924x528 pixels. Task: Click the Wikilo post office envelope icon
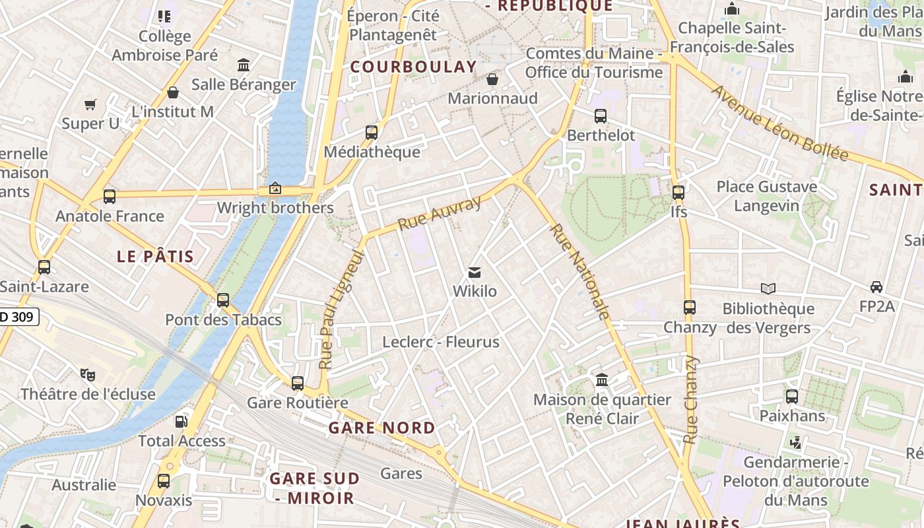474,272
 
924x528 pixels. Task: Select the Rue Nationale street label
579,271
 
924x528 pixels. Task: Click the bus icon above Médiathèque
372,132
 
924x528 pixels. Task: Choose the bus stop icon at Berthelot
601,115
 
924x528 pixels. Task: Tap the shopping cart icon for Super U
90,104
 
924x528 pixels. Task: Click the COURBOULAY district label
413,67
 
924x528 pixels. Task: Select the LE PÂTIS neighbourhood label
155,257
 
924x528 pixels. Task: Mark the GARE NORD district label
382,428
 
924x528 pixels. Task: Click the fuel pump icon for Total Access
181,421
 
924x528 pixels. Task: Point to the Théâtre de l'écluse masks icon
88,375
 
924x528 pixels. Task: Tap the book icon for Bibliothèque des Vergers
768,288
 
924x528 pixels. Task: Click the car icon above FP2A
876,287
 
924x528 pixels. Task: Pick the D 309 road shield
20,317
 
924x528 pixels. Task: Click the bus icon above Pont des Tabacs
223,300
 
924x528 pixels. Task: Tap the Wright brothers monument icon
275,189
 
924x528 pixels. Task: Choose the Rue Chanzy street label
691,399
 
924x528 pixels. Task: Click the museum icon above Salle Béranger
244,65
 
